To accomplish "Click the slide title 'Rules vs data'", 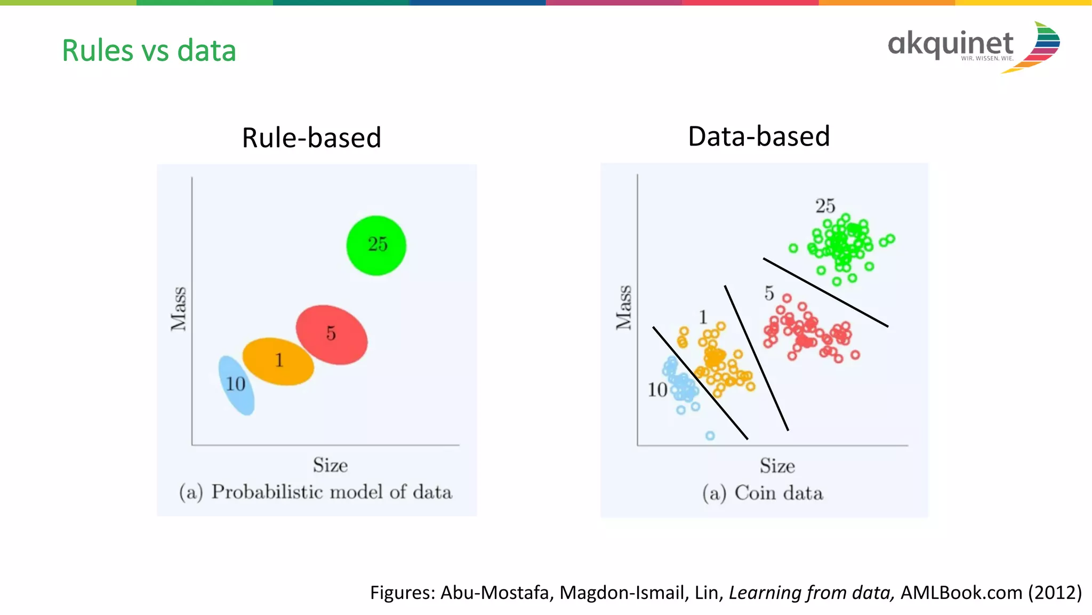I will tap(149, 51).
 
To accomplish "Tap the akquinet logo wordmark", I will tap(950, 44).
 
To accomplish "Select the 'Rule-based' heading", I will tap(311, 138).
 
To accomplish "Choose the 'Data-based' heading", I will tap(759, 136).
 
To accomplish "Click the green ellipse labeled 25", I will tap(376, 245).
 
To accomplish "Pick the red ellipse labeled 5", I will tap(332, 335).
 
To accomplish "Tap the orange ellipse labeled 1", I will tap(278, 361).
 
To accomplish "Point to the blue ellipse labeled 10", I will tap(236, 385).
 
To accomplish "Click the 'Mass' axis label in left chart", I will tap(179, 309).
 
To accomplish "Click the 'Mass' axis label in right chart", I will tap(624, 307).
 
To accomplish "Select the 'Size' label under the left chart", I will tap(330, 465).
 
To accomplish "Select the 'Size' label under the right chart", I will tap(777, 466).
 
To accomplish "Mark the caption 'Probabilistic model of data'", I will tap(331, 492).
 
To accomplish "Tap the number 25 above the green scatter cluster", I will tap(825, 206).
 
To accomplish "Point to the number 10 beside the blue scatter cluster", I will tap(657, 390).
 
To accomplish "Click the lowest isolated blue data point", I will tap(710, 436).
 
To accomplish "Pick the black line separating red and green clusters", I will tap(825, 292).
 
